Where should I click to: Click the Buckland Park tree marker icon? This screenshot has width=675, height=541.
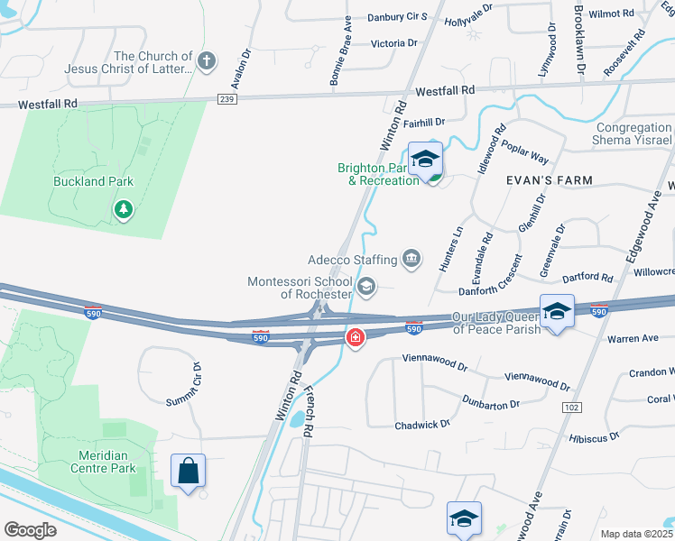point(124,209)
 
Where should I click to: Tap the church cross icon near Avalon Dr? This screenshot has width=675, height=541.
point(207,61)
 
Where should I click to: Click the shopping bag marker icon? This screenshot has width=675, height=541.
point(188,471)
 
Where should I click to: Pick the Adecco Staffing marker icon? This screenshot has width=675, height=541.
point(412,260)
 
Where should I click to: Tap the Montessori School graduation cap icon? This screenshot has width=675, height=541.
point(366,287)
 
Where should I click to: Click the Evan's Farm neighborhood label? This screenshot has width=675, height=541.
point(555,180)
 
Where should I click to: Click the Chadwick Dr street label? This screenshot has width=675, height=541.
point(421,425)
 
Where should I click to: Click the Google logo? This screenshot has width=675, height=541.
point(30,530)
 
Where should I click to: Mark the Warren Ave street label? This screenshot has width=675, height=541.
point(633,340)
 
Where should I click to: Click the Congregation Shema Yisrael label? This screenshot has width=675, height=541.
point(633,134)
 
